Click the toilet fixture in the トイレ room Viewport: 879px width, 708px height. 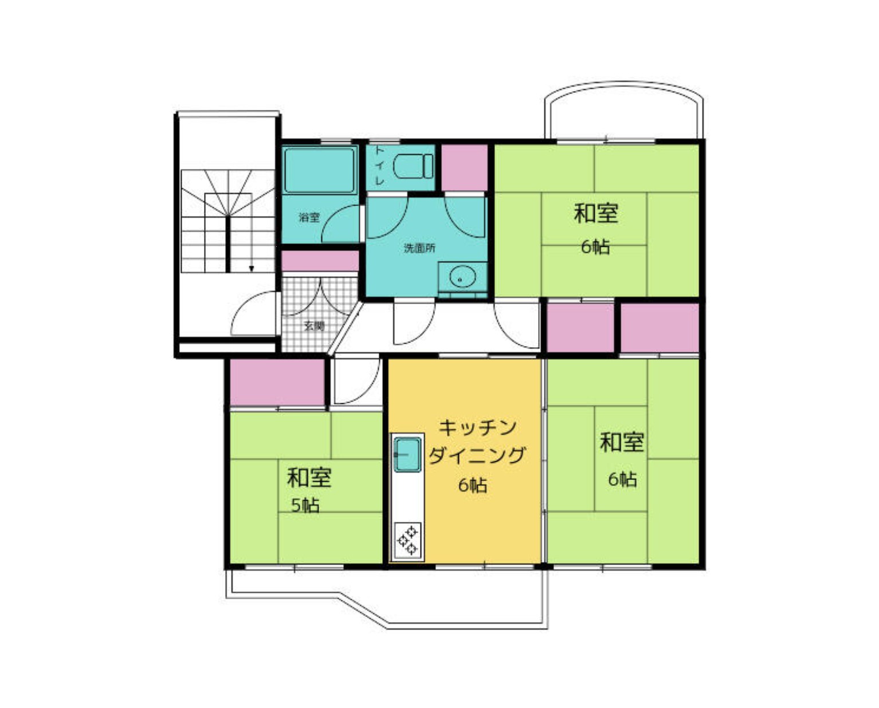tap(413, 166)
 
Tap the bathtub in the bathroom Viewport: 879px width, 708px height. tap(319, 170)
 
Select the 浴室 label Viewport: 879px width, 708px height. tap(309, 217)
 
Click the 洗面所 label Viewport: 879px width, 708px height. tap(419, 248)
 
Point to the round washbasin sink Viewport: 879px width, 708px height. tap(462, 277)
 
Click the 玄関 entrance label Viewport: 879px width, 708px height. tap(314, 327)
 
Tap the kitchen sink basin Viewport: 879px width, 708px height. tap(407, 455)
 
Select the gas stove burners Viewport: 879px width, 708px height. tap(407, 541)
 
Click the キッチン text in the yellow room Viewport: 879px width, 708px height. tap(477, 428)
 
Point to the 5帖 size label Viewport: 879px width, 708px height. tap(305, 506)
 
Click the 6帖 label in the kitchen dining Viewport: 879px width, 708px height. tap(473, 485)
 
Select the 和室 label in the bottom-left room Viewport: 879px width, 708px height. tap(309, 477)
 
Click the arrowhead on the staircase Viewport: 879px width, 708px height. tap(252, 268)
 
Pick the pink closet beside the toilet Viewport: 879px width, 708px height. tap(464, 168)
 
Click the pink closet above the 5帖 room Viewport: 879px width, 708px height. tap(277, 382)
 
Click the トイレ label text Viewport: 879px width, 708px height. tap(379, 166)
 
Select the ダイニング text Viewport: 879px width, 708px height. tap(477, 455)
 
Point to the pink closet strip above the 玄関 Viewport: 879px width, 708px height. tap(320, 261)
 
